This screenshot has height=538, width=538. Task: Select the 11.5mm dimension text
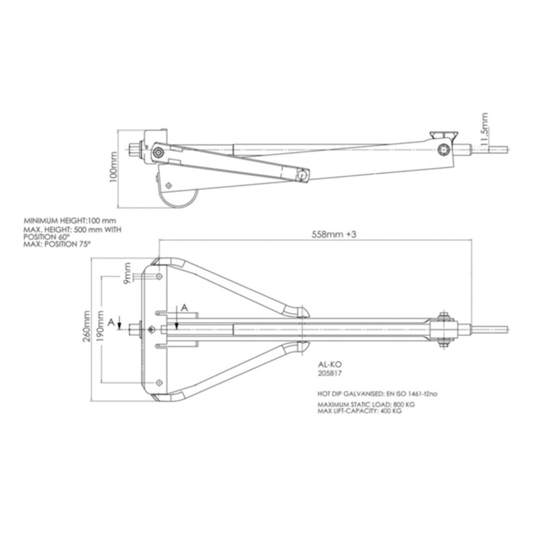tap(484, 129)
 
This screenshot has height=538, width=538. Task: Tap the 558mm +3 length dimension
tap(333, 235)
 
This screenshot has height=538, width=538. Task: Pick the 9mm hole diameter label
tap(129, 272)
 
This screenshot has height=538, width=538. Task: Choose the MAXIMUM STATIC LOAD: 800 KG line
tap(366, 404)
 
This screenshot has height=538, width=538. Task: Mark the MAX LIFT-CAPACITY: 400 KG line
tap(359, 411)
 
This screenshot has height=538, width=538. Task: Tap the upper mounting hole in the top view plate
tap(159, 276)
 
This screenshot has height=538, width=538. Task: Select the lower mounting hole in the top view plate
tap(159, 382)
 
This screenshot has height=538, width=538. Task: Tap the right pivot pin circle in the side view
tap(443, 148)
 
